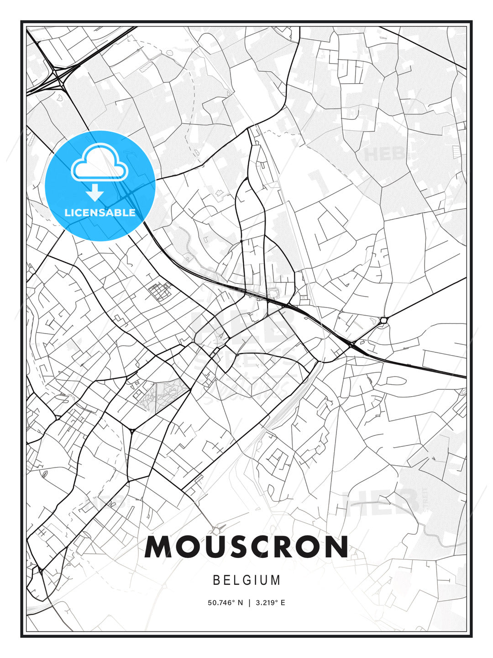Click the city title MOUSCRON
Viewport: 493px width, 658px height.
pos(246,547)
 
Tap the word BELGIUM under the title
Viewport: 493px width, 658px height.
pos(246,580)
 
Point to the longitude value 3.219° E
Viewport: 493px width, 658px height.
pos(270,603)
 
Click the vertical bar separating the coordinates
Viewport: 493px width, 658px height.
pos(249,603)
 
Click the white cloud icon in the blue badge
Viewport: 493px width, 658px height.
pos(100,163)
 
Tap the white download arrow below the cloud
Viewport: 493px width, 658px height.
pos(95,193)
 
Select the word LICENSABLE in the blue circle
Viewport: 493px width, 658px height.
pos(100,212)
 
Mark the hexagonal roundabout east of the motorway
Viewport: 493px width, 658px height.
pos(383,320)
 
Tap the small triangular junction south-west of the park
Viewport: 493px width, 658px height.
pos(132,430)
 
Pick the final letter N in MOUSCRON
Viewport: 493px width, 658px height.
pos(336,547)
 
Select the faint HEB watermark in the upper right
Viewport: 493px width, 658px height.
pos(383,154)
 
